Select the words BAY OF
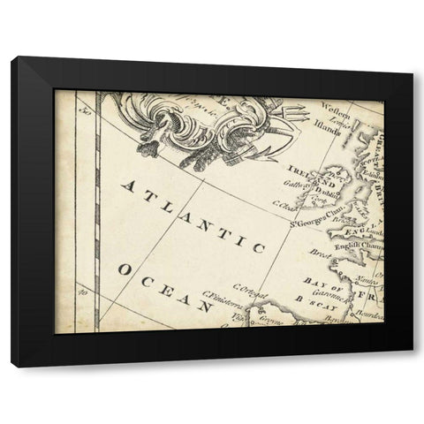coord(315,280)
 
